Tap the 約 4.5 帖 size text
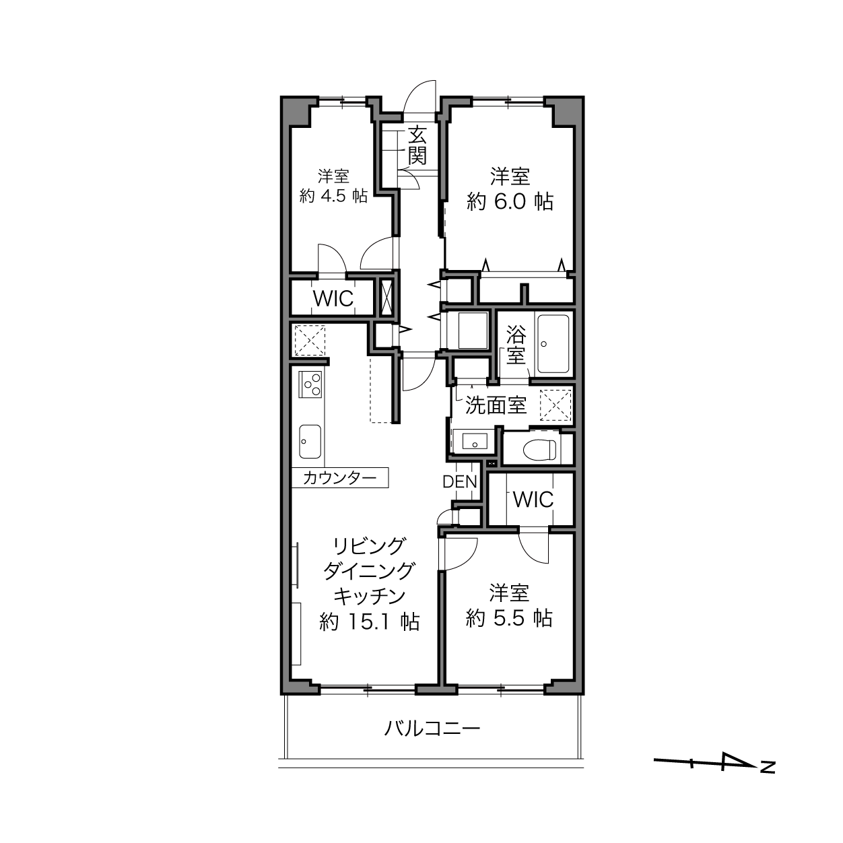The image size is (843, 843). (333, 196)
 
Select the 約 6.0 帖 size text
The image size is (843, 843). (510, 202)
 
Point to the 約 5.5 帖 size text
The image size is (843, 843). (509, 618)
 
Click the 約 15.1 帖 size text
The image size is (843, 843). (370, 621)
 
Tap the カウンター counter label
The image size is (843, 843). (339, 478)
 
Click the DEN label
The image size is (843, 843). (459, 481)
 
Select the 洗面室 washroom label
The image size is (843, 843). (495, 405)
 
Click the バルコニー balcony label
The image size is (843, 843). (432, 729)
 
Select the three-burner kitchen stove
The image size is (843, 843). (310, 384)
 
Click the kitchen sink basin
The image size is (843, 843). (310, 442)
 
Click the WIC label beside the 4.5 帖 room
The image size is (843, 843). (333, 299)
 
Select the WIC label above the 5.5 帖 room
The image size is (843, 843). (533, 499)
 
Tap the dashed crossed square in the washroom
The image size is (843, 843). (555, 405)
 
